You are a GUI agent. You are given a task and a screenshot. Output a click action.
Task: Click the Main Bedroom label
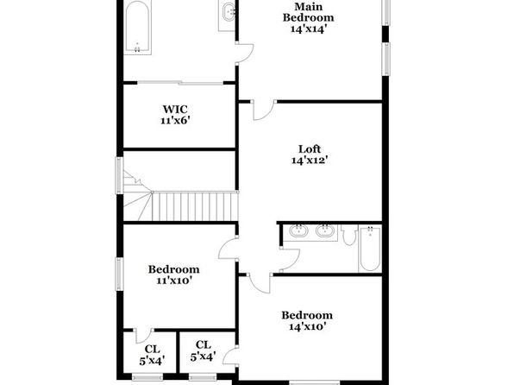click(309, 12)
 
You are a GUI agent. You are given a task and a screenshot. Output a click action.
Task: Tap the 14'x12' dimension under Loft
click(310, 161)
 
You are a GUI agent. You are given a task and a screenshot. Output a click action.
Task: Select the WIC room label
click(175, 109)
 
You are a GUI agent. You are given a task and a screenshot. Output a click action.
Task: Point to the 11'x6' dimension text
click(175, 121)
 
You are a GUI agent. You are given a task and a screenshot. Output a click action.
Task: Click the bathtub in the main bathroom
click(137, 27)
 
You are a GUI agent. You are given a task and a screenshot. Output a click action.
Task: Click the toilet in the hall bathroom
click(349, 235)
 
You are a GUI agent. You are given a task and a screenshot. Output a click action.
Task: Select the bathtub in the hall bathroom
click(370, 248)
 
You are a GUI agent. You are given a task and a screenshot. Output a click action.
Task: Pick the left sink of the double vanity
click(298, 230)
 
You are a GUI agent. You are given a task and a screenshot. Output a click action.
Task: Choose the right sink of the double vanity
click(325, 230)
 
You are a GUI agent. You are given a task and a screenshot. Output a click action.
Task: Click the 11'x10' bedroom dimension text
click(173, 281)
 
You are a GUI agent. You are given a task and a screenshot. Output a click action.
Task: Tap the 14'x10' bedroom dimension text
click(307, 326)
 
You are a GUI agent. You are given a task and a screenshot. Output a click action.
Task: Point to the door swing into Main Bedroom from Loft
click(264, 110)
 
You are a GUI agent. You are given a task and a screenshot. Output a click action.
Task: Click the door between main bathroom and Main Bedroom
click(244, 53)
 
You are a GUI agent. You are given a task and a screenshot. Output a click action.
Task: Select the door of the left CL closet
click(144, 336)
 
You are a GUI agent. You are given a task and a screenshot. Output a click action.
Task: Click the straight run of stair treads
click(195, 206)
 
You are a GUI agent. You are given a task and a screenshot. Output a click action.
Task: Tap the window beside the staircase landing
click(119, 175)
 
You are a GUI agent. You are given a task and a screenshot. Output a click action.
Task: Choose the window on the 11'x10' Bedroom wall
click(119, 274)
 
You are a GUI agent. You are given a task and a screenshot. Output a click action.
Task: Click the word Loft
click(310, 149)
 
